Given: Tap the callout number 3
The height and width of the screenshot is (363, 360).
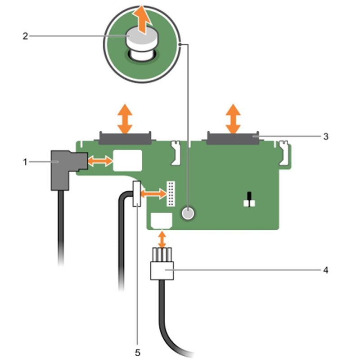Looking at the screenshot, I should click(325, 136).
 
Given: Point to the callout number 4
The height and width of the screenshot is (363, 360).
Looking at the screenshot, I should click(325, 270).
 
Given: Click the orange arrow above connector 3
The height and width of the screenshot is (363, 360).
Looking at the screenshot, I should click(233, 118).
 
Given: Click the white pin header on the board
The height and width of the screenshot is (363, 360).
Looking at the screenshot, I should click(171, 193).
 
